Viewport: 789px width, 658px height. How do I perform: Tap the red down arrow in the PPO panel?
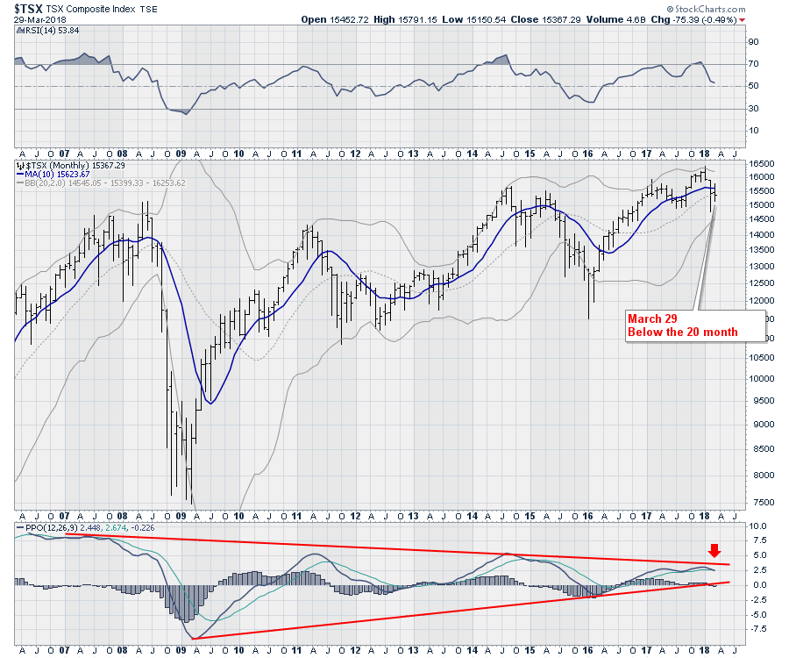[x=715, y=551]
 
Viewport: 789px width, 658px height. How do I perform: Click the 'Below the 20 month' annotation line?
[x=682, y=333]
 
